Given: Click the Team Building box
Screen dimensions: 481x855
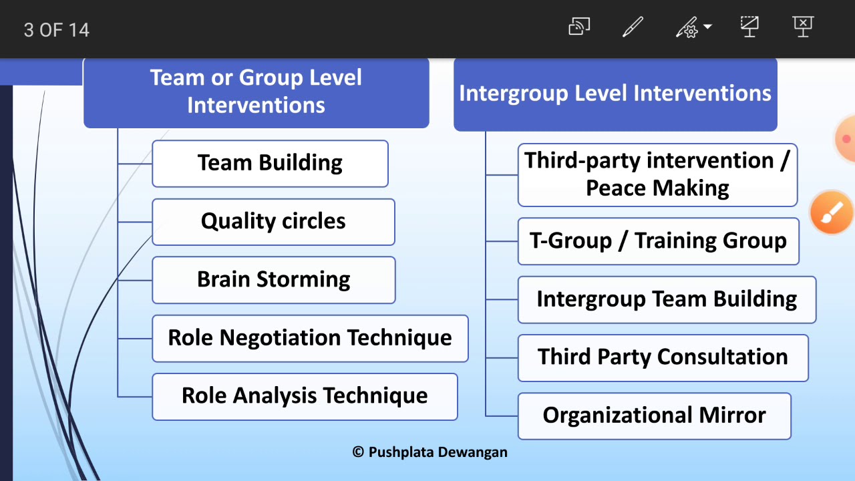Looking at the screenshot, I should tap(270, 163).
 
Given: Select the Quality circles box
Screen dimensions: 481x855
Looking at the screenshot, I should tap(273, 221).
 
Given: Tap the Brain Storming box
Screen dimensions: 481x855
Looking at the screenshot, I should tap(273, 279).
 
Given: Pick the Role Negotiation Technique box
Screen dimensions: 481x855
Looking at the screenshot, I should tap(310, 338).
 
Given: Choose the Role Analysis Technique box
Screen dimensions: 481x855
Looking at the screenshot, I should tap(305, 396).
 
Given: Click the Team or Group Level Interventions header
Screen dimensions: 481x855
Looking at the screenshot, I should tap(256, 92).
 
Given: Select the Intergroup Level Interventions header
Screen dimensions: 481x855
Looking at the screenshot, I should tap(615, 94).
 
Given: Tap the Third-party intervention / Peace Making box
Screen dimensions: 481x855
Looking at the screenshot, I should tap(657, 174).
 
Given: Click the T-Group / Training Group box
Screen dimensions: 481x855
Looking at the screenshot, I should tap(658, 241).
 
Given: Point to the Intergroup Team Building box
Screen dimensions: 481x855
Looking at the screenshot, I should tap(667, 299).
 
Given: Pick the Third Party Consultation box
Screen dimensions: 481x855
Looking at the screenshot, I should tap(663, 357).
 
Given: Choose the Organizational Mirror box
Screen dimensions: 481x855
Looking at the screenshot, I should tap(654, 416).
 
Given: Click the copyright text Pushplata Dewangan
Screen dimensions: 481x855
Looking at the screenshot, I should tap(430, 452).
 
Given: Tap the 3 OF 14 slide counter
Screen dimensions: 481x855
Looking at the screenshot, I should tap(57, 30).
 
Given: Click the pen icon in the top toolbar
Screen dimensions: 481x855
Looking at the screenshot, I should tap(632, 27).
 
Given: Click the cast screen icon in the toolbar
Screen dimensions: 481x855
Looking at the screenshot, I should tap(578, 27).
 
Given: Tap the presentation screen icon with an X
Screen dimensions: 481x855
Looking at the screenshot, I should tap(803, 27).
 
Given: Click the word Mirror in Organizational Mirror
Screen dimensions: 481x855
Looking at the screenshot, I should tap(732, 416).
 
